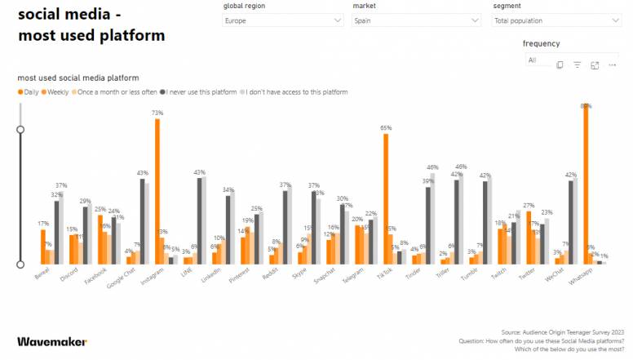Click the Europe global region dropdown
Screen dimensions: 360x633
click(x=283, y=20)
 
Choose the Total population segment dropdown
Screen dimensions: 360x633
click(x=557, y=20)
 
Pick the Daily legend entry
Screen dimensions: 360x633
click(x=29, y=92)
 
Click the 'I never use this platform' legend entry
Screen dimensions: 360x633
click(x=200, y=92)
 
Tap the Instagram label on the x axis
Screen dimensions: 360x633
click(x=151, y=278)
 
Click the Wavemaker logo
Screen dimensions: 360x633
click(x=52, y=341)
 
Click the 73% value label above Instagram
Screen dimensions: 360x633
click(x=157, y=113)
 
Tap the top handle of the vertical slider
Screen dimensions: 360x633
click(x=20, y=129)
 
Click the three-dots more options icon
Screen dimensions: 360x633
click(x=613, y=64)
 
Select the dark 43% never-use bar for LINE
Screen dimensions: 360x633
click(x=199, y=220)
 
